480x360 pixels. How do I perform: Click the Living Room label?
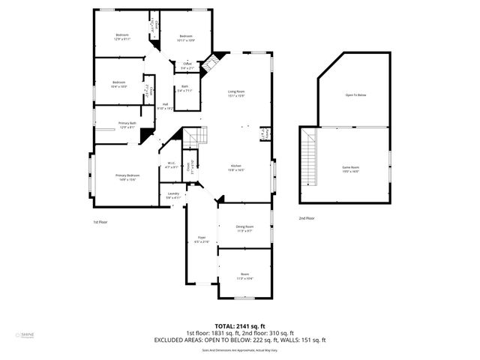point(237,94)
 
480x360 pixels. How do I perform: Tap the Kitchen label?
point(236,167)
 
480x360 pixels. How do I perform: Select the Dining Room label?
point(244,228)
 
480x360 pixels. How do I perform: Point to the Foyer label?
point(201,239)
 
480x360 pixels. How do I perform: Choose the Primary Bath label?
point(127,124)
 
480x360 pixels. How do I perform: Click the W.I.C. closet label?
point(171,165)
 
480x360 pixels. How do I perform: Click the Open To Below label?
point(355,95)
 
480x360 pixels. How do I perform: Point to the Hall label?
point(165,106)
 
